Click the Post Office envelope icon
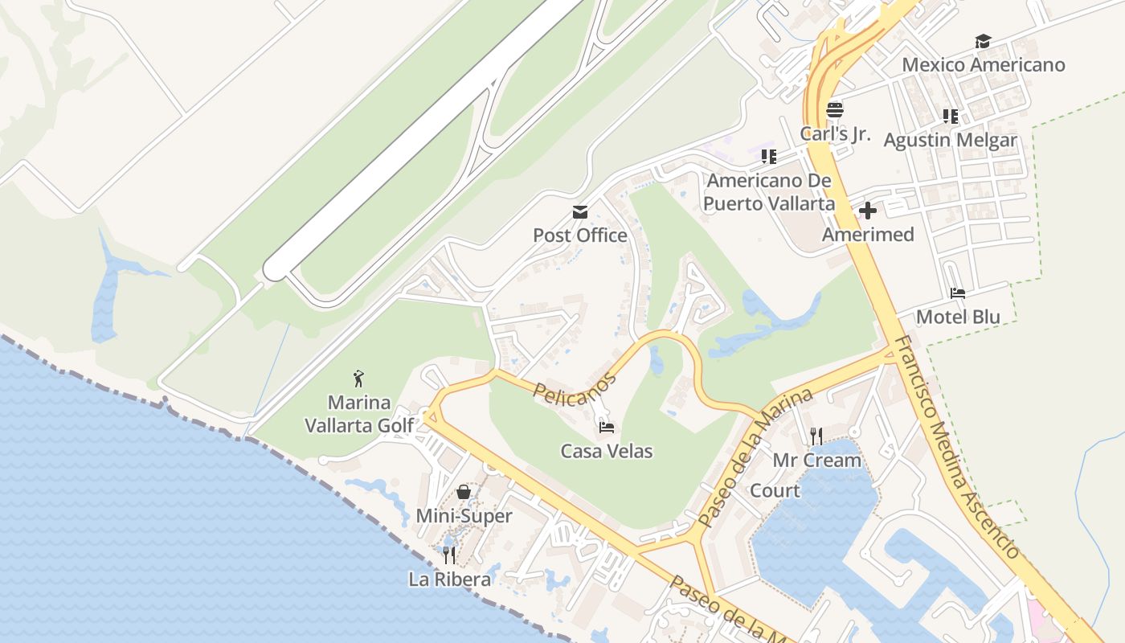[579, 212]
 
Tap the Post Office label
[580, 235]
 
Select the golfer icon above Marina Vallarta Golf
[359, 378]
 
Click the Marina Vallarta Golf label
[359, 414]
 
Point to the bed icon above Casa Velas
[607, 427]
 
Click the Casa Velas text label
[607, 452]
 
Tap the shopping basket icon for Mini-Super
[464, 492]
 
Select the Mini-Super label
[464, 516]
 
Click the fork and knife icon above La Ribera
[449, 555]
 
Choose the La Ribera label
[449, 579]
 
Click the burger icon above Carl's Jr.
[835, 110]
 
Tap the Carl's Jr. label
[835, 133]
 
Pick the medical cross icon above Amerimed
[868, 211]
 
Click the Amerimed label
[868, 235]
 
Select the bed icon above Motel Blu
[957, 293]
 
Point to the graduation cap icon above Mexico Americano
[983, 41]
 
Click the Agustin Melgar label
[951, 141]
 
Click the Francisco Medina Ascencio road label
[956, 447]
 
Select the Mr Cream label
[816, 461]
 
